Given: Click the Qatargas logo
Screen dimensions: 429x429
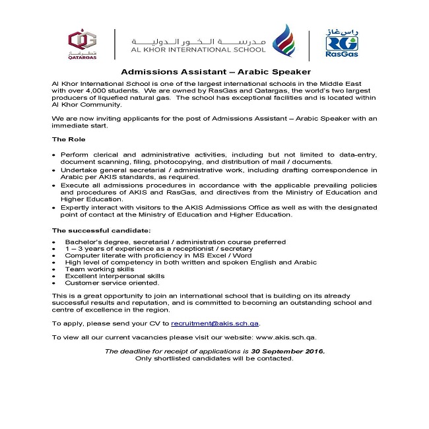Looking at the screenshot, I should pyautogui.click(x=81, y=44).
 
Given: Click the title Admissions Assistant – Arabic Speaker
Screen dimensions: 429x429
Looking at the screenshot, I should pyautogui.click(x=216, y=71).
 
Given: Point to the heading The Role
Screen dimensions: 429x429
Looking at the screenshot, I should pyautogui.click(x=68, y=139).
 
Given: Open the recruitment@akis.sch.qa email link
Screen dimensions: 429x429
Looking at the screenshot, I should pyautogui.click(x=215, y=323).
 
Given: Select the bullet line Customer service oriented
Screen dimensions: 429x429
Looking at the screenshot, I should pyautogui.click(x=112, y=282).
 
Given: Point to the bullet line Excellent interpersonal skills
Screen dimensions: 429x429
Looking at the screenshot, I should pyautogui.click(x=114, y=276).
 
